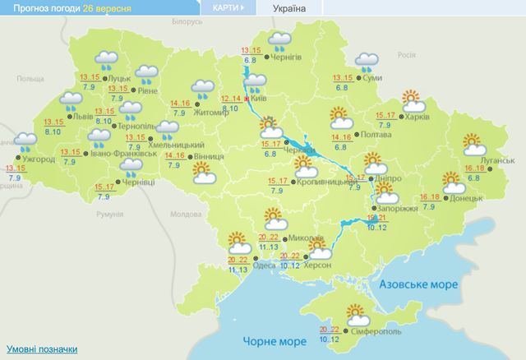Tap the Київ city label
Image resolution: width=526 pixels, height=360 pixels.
tap(265, 98)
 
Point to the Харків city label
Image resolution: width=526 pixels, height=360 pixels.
tap(417, 118)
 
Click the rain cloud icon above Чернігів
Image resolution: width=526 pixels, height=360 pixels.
tap(280, 41)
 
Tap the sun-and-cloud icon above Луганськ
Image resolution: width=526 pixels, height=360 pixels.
tap(474, 144)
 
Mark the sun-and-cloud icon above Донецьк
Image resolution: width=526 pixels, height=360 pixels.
tap(453, 181)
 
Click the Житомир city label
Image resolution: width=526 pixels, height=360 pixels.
tap(212, 113)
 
